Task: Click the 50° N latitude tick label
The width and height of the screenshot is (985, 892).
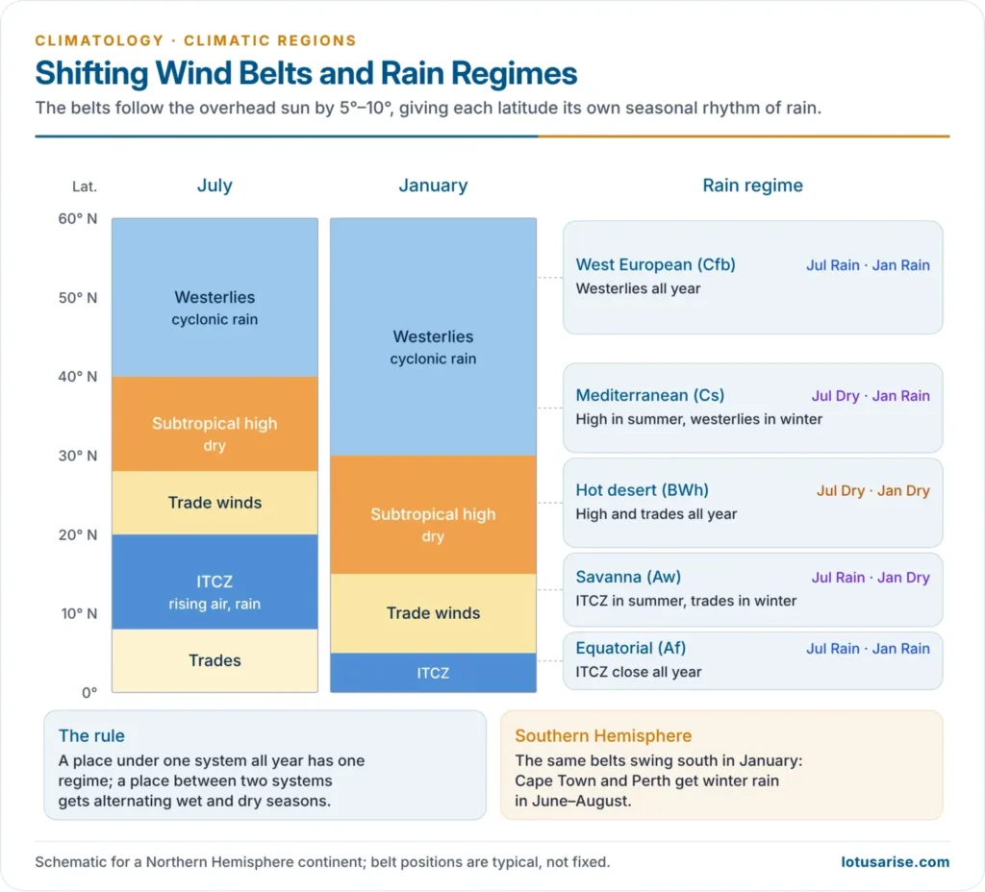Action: click(78, 298)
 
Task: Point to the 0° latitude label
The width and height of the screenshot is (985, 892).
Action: click(89, 692)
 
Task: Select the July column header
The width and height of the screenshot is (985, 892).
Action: click(215, 186)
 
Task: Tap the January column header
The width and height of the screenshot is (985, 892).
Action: click(433, 186)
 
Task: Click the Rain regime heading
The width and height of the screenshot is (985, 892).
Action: click(752, 186)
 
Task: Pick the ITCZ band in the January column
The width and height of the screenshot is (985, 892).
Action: click(434, 672)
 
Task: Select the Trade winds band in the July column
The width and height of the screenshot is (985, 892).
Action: click(215, 503)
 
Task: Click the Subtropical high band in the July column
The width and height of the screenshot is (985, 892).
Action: click(215, 424)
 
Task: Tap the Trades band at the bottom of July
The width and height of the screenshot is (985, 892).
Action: click(215, 660)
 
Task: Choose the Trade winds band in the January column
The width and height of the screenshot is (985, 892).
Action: click(434, 613)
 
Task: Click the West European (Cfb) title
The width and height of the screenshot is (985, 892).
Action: click(655, 265)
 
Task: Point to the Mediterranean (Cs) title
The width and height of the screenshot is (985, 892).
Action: click(650, 395)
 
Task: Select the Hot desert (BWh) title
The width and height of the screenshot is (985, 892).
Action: click(642, 490)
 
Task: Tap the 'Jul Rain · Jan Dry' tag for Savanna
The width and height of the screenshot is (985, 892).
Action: click(871, 578)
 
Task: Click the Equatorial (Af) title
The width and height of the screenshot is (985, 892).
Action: click(631, 649)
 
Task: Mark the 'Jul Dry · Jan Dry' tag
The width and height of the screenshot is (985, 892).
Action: click(873, 491)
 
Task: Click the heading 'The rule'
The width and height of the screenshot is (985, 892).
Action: click(91, 735)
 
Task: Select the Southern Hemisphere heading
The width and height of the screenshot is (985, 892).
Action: click(603, 735)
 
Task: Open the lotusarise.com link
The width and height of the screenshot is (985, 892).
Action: click(896, 862)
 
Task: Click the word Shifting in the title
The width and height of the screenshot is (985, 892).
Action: click(91, 73)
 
